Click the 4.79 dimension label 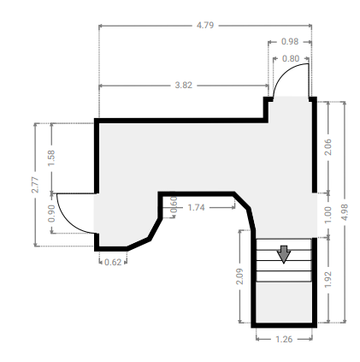pyautogui.click(x=205, y=26)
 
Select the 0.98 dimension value pyautogui.click(x=290, y=42)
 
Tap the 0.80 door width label pyautogui.click(x=291, y=59)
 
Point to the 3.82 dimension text pyautogui.click(x=183, y=86)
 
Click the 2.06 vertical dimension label pyautogui.click(x=328, y=147)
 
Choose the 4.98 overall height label pyautogui.click(x=345, y=212)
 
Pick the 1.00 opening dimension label pyautogui.click(x=328, y=215)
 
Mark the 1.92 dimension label pyautogui.click(x=328, y=279)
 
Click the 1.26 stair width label pyautogui.click(x=284, y=339)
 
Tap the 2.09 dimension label pyautogui.click(x=239, y=276)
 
